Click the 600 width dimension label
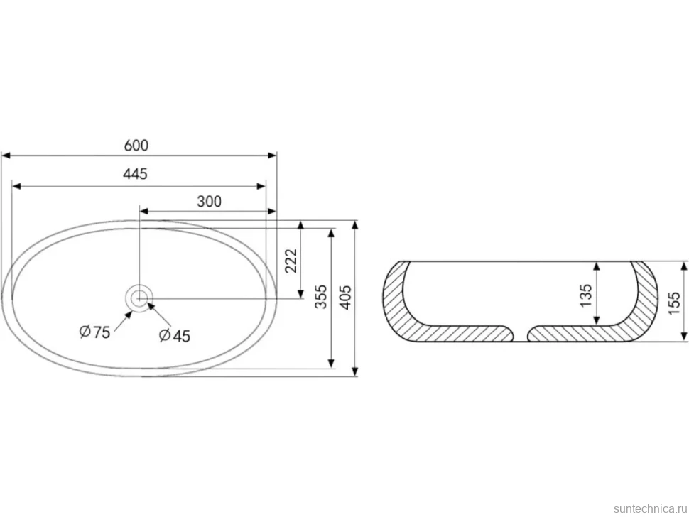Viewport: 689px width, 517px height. (136, 146)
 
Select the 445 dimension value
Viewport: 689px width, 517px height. (135, 175)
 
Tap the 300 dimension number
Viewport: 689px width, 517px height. (209, 202)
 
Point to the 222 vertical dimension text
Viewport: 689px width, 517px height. (291, 261)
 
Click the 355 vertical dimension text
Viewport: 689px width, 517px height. (321, 297)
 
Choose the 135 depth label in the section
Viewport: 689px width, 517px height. (586, 295)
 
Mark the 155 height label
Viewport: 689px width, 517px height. (673, 303)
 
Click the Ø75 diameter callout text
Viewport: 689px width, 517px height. (94, 332)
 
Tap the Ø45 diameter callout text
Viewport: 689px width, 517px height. (175, 336)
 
